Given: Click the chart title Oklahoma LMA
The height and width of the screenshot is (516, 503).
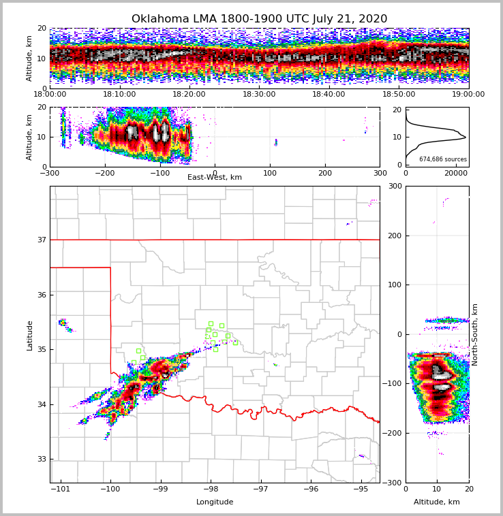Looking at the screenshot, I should point(259,19).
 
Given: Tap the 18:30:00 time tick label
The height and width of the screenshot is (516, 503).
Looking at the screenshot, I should point(259,95).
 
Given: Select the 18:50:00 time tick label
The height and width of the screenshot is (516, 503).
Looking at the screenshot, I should point(399,95).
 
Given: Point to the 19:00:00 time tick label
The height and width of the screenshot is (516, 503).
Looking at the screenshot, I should point(468,95).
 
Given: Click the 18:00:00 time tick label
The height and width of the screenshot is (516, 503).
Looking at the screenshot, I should point(50,95).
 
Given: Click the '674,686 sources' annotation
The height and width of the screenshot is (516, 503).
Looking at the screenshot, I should point(443,159).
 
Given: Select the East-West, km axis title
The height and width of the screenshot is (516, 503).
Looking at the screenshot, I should point(215,178).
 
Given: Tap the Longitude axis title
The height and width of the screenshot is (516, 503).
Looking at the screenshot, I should point(215,502).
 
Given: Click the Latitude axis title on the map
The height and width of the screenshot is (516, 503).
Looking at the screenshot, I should point(30,335).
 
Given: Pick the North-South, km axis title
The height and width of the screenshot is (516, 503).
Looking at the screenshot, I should point(475,334).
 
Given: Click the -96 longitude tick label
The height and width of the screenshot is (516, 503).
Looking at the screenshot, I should point(311,489).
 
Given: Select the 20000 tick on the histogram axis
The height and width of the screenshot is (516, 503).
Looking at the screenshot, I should point(456,174).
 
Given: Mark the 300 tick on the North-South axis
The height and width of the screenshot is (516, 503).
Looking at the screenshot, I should point(393,187).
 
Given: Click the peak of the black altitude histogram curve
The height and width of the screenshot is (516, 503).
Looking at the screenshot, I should point(466,138).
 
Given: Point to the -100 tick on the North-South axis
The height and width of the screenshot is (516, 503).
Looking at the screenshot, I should point(391,384).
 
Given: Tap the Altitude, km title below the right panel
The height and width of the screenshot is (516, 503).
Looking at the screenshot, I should point(437,502).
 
